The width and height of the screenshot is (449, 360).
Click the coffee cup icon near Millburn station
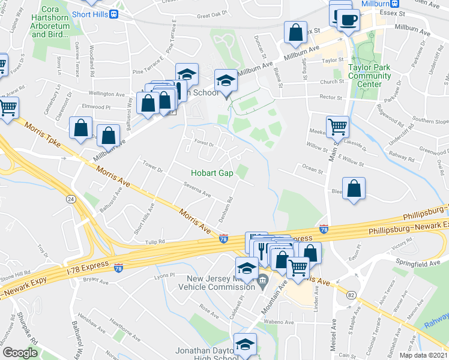coord(348,20)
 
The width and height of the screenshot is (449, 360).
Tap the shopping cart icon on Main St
coord(338,127)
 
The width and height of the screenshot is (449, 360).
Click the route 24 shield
coord(71,199)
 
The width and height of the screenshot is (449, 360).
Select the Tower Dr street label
coord(152,166)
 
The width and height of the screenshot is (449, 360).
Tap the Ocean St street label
coord(313,170)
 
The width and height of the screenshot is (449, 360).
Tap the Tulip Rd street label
coord(154,242)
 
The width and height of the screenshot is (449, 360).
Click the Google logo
coord(20,353)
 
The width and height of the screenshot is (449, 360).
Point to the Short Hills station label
coord(93,13)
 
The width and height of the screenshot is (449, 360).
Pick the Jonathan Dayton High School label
coord(204,354)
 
